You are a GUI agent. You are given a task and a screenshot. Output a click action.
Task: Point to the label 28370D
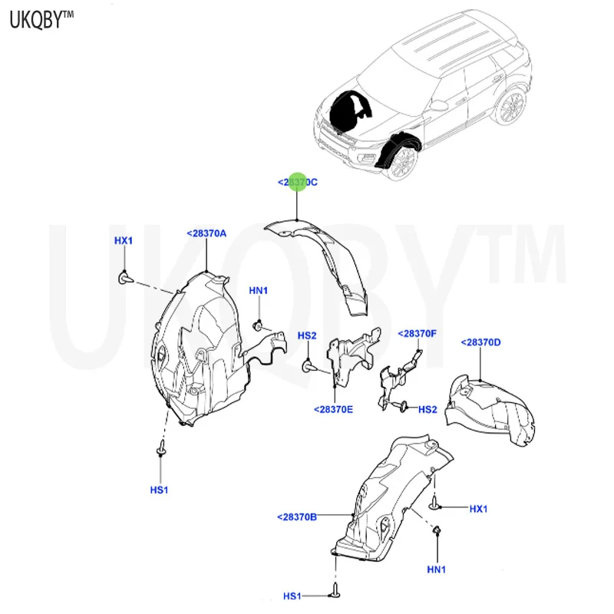pos(480,342)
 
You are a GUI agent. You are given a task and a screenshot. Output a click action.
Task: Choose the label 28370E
pos(333,409)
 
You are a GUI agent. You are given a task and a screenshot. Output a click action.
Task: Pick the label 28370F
pos(417,334)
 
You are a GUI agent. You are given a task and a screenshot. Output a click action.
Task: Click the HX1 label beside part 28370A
pos(124,240)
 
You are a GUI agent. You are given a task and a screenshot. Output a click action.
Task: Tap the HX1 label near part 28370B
pos(479,508)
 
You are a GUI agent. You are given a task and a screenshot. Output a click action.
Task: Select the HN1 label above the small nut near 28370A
pos(258,290)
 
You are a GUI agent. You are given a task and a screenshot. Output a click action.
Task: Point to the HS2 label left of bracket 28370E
pos(308,335)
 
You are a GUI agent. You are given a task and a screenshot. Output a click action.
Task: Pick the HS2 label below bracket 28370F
pos(427,409)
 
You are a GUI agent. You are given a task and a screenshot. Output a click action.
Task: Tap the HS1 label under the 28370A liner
pos(160,489)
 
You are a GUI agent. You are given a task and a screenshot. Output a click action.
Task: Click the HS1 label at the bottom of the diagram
pos(293,596)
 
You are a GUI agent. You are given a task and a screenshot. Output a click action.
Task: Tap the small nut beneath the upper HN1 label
pos(259,325)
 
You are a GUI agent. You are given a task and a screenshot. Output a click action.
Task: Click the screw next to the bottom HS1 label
pos(335,592)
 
